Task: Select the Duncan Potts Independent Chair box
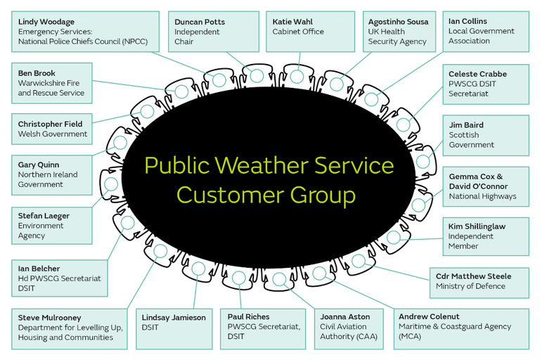click(214, 32)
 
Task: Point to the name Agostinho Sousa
click(398, 22)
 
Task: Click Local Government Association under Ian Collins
click(481, 36)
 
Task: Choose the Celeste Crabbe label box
click(485, 84)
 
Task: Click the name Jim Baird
click(466, 124)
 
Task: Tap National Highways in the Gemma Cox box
click(482, 196)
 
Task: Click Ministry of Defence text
click(470, 286)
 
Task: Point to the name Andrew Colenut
click(429, 316)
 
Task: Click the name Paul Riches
click(248, 316)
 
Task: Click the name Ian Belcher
click(39, 269)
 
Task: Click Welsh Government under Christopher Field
click(53, 134)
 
